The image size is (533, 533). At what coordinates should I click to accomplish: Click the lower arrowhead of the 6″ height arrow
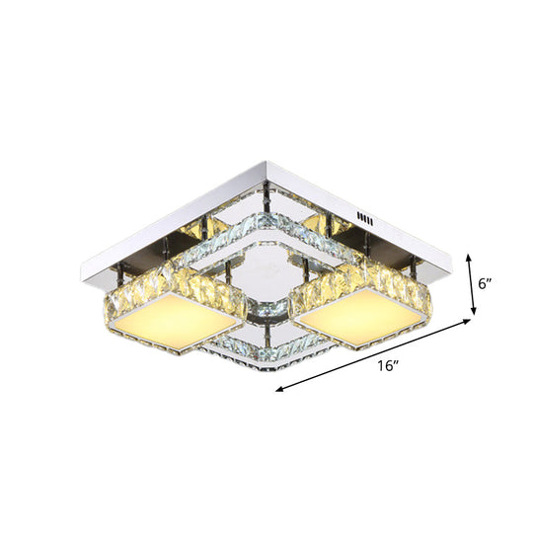[474, 315]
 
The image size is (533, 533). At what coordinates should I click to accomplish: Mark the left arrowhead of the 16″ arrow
[279, 389]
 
